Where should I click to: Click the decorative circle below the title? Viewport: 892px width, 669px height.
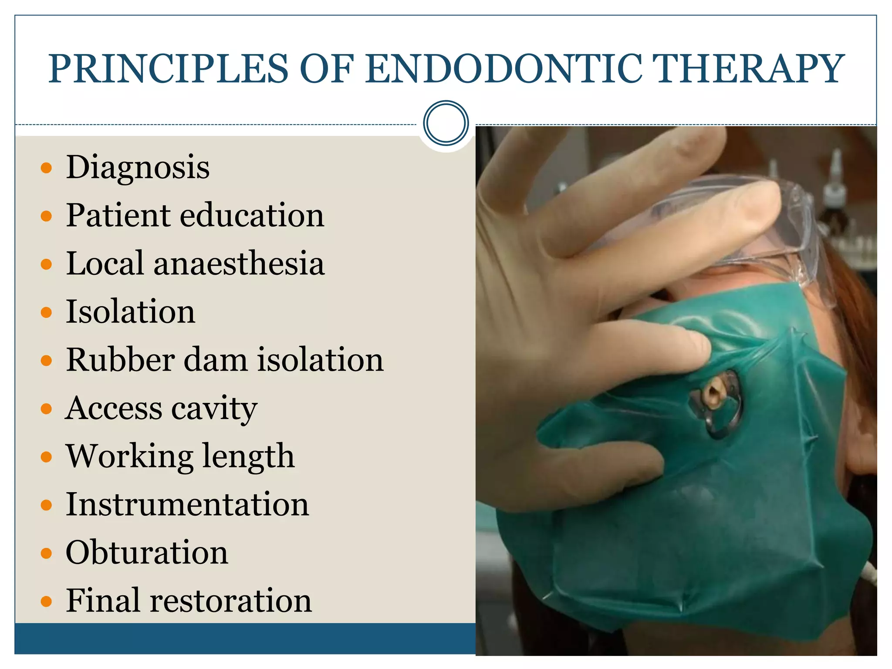tap(446, 123)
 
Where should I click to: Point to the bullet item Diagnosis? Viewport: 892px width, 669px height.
tap(138, 168)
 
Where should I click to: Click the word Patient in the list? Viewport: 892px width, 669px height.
tap(118, 215)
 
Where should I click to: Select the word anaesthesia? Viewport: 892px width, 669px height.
tap(239, 264)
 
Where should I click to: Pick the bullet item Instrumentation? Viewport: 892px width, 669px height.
tap(187, 504)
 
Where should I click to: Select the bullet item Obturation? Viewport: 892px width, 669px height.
tap(147, 553)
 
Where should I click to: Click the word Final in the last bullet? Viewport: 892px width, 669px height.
tap(103, 601)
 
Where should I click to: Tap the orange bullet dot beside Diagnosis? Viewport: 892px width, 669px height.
tap(46, 168)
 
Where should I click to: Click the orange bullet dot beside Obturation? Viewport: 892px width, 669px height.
tap(46, 553)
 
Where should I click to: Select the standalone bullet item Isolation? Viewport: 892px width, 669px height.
tap(130, 312)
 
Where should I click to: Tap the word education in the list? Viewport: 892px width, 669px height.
tap(252, 215)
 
